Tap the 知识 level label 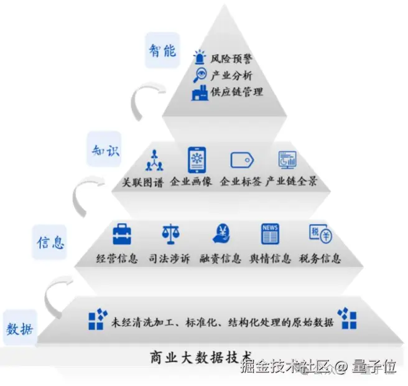point(103,151)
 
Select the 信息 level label point(50,242)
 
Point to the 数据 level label point(21,327)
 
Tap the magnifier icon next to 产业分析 point(200,75)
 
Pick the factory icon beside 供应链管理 point(200,92)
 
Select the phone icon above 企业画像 point(197,160)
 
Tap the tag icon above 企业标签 point(241,161)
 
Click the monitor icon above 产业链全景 point(287,160)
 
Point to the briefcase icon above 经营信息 point(122,235)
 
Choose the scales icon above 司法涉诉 point(170,235)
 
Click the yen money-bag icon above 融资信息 point(221,233)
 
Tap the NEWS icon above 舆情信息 point(270,233)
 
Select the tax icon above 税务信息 point(320,234)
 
